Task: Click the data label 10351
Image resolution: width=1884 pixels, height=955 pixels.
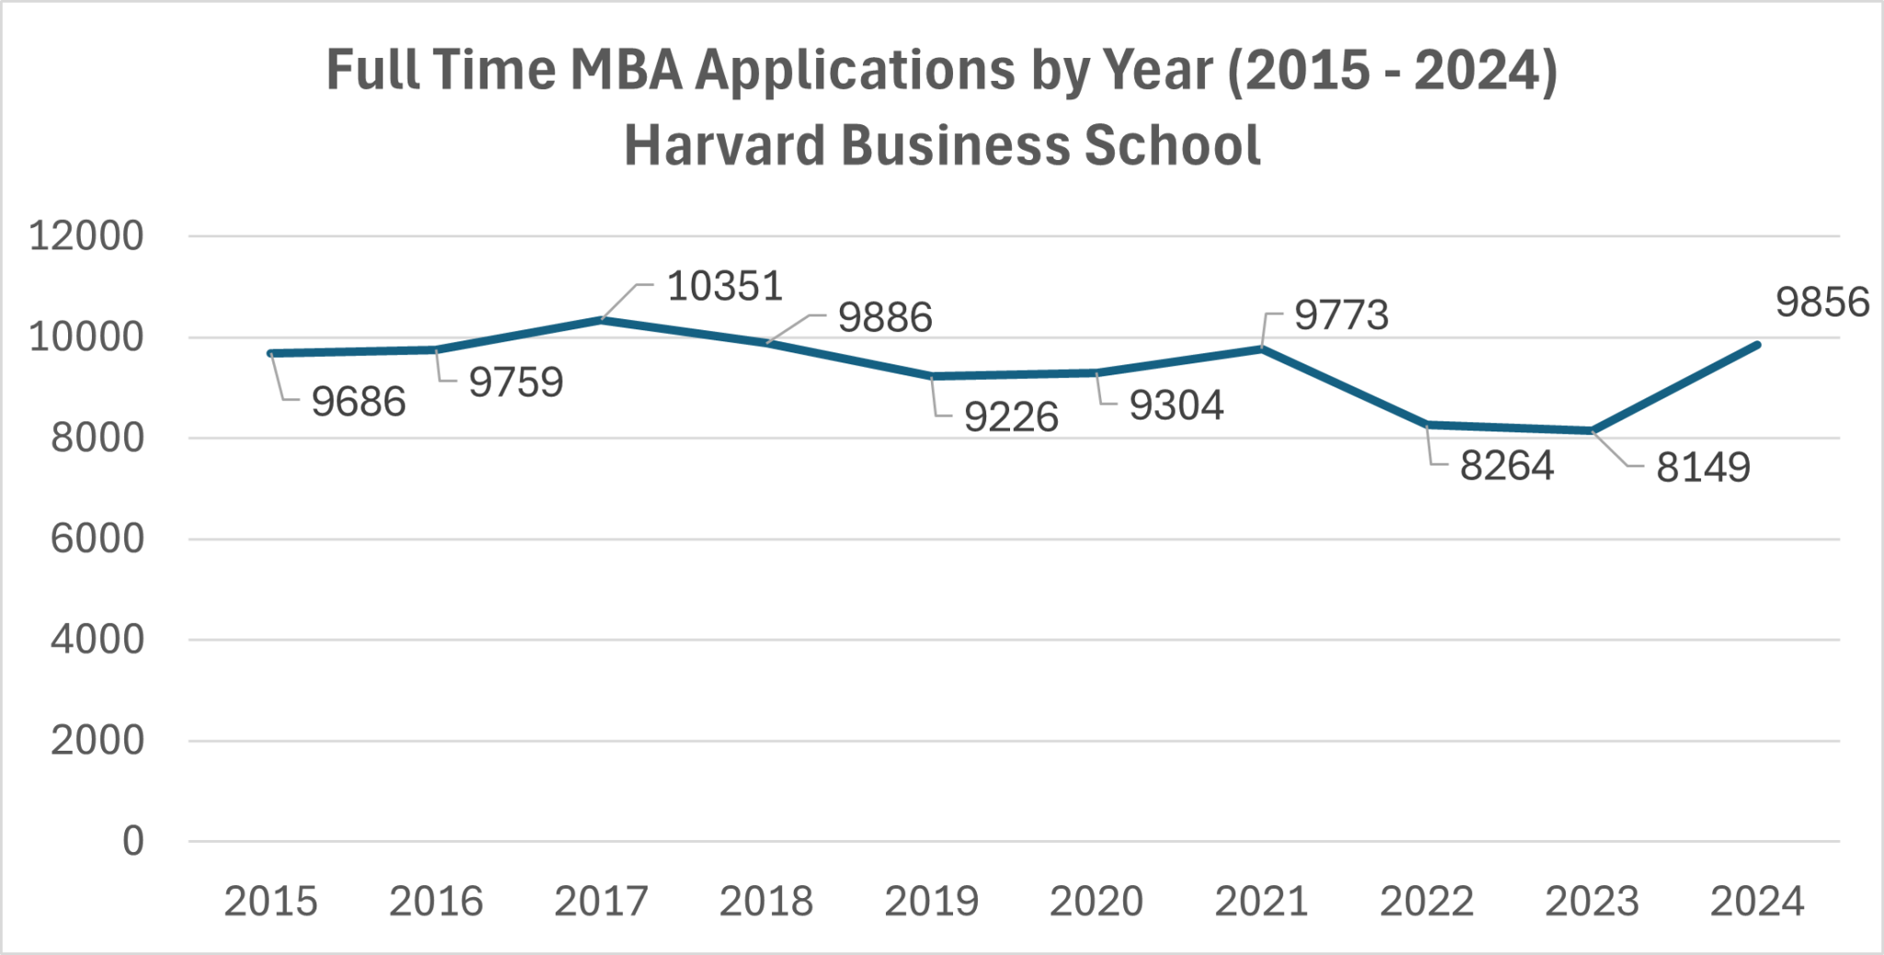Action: [725, 286]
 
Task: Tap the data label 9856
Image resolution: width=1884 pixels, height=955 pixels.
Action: [1821, 303]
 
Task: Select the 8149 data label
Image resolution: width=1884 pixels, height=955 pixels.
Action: [1703, 467]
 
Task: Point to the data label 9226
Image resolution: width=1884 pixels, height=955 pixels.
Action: [1011, 418]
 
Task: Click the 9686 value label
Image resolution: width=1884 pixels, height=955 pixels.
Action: [358, 402]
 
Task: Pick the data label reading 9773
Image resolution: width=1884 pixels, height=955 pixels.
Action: [1341, 316]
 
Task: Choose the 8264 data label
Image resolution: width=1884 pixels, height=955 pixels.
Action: [1506, 466]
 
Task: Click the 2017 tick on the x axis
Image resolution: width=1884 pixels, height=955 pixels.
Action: [601, 902]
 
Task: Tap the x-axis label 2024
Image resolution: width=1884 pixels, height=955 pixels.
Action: [1756, 902]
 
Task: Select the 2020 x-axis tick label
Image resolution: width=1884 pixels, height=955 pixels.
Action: [1097, 902]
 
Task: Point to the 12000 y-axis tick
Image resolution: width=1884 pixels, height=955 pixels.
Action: [86, 236]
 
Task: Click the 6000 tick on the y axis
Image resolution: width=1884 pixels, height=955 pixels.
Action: [97, 539]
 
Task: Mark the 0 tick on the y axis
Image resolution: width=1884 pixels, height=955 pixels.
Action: [133, 841]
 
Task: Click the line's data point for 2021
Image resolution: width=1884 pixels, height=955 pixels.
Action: [1262, 349]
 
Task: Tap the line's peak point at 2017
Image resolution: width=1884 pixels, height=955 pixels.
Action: [602, 319]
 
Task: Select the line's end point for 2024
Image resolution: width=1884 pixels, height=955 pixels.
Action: [1757, 345]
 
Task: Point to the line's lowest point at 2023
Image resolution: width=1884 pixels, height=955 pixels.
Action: [1592, 431]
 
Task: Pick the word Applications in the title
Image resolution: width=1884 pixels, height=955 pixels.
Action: [855, 70]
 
